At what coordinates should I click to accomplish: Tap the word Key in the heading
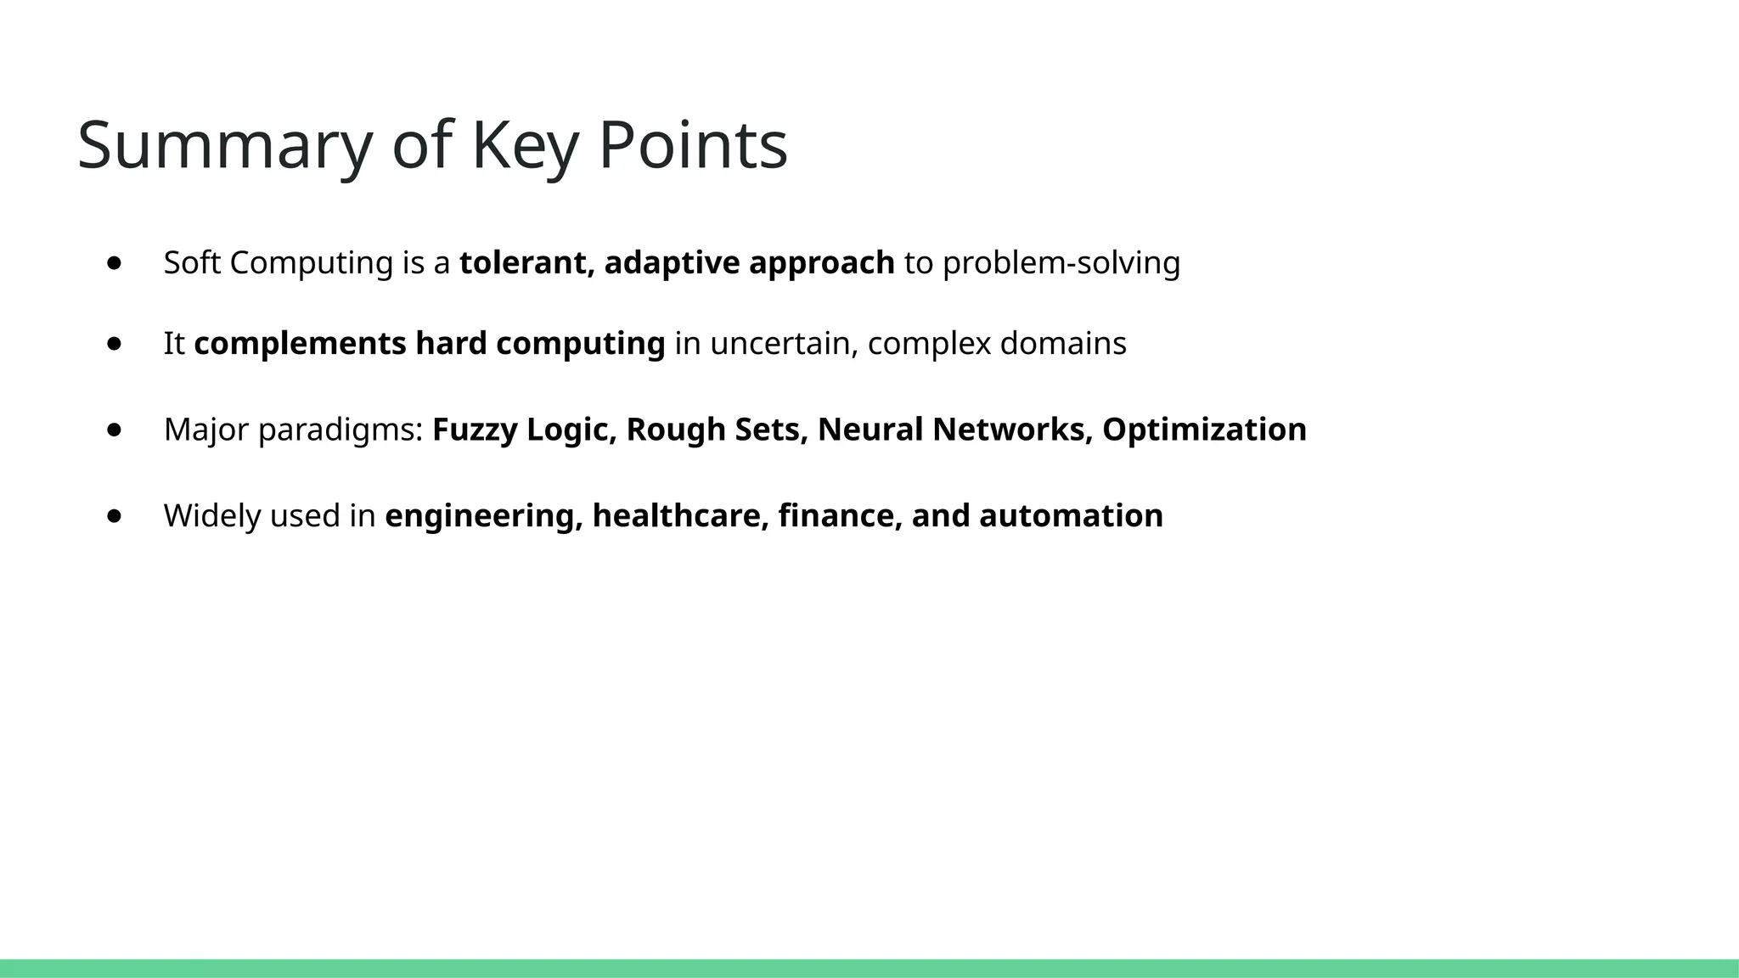click(524, 146)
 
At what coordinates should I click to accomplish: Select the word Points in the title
click(693, 146)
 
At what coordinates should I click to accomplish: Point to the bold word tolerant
click(526, 263)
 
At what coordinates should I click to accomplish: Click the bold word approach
click(821, 264)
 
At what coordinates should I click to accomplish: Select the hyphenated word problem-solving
click(1061, 263)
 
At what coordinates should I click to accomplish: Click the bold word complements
click(300, 344)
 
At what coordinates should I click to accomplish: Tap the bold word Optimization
click(1204, 430)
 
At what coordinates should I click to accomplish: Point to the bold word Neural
click(869, 430)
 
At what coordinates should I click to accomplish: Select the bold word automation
click(1071, 516)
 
